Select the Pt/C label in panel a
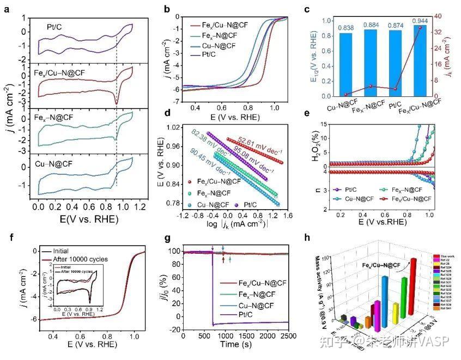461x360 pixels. click(57, 25)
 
